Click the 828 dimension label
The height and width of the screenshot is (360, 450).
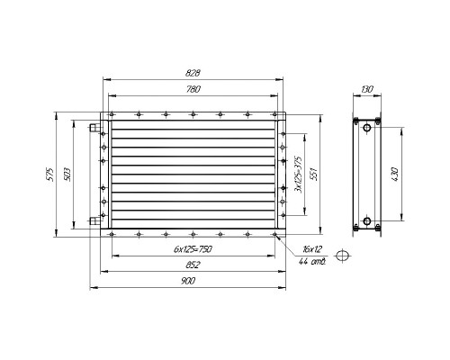(193, 73)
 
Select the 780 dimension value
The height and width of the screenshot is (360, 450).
(193, 89)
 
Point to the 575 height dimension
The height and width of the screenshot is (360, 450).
(50, 174)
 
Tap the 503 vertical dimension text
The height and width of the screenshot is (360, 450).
(67, 174)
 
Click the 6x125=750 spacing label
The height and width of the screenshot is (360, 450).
(193, 249)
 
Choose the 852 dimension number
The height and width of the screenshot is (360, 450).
(193, 265)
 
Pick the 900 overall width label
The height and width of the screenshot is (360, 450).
(188, 281)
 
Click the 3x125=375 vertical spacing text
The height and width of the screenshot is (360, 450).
(299, 175)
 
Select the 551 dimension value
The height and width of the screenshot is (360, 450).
(314, 174)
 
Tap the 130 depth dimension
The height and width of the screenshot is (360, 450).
(367, 89)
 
